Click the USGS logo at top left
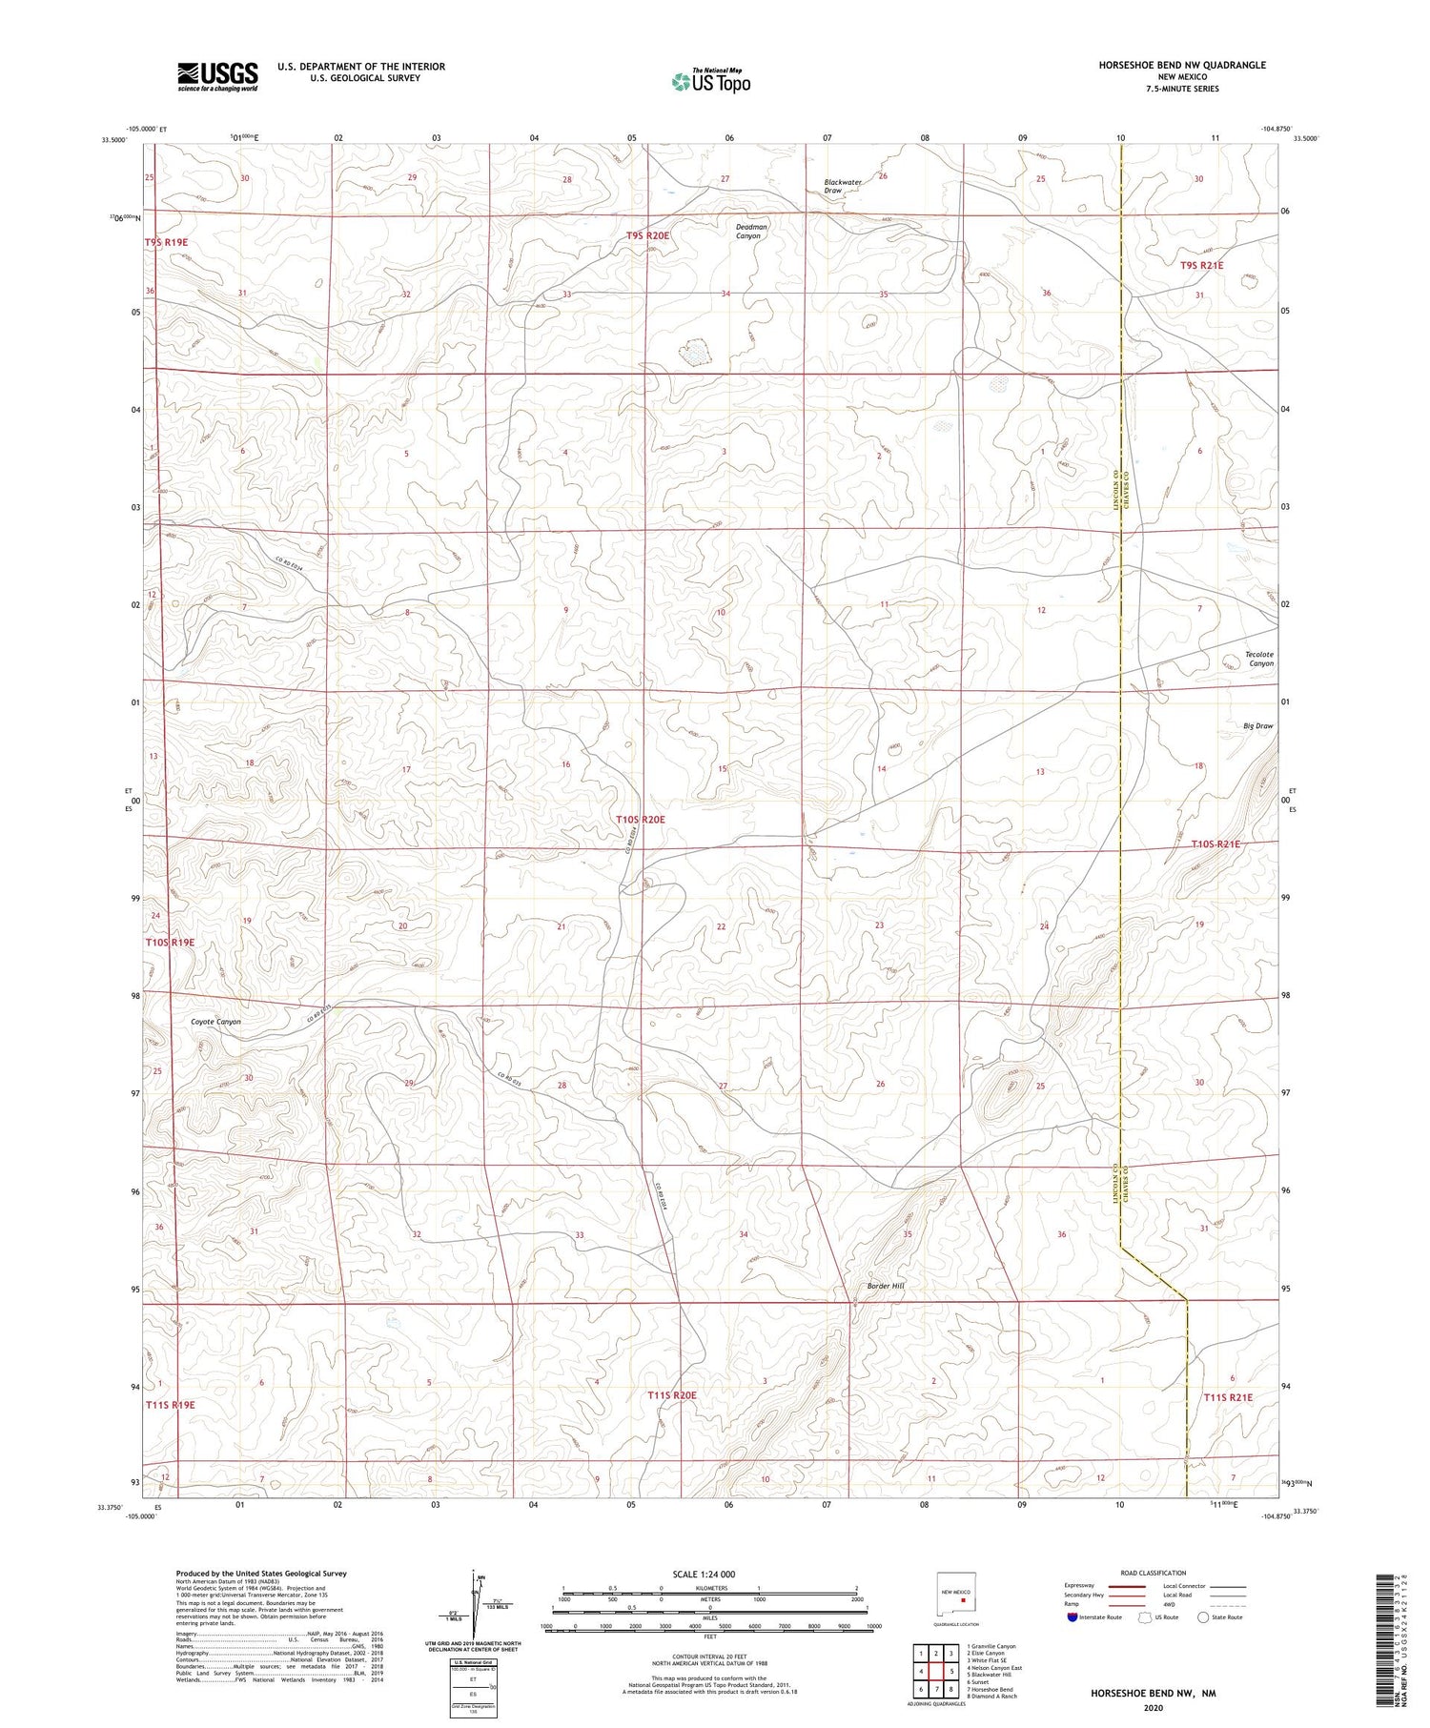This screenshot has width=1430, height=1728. [x=217, y=76]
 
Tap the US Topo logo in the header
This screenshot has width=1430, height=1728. [x=710, y=81]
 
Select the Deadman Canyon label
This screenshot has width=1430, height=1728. [x=750, y=231]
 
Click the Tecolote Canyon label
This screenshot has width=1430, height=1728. [x=1258, y=659]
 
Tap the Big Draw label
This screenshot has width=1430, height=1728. [x=1257, y=725]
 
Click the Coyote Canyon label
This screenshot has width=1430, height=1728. [x=215, y=1022]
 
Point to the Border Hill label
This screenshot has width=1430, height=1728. [x=885, y=1286]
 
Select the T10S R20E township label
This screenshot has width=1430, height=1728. [x=639, y=820]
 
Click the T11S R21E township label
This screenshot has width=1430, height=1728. [x=1227, y=1397]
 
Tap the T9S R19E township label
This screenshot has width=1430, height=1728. [x=167, y=242]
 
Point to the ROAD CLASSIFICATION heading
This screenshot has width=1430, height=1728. [x=1153, y=1573]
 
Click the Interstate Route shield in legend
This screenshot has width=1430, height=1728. [x=1072, y=1617]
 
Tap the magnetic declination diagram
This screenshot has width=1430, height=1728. [x=474, y=1605]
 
